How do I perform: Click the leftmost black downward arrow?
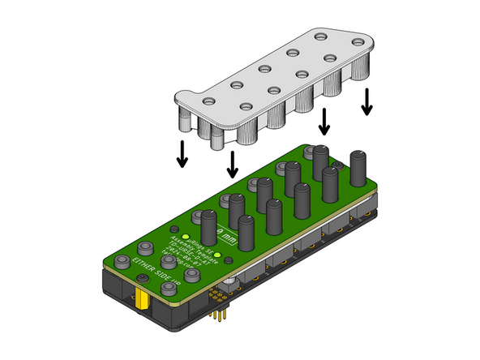[182, 153]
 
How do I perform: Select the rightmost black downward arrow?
[367, 101]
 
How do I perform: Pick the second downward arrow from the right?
[325, 122]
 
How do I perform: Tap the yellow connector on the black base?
[143, 304]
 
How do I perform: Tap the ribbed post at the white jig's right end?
[363, 67]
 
